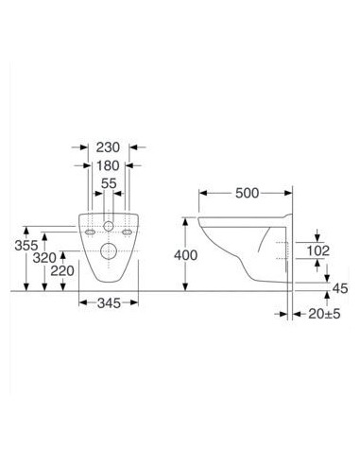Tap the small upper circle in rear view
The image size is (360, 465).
click(x=108, y=229)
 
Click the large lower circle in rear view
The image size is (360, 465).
click(x=109, y=250)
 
